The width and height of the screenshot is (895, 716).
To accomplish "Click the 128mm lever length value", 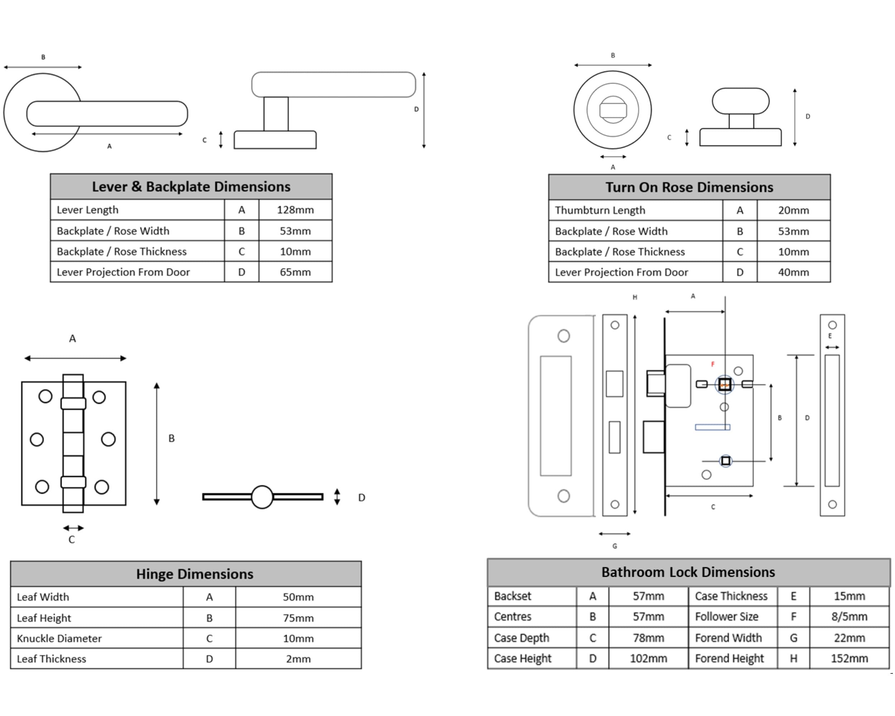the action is pyautogui.click(x=295, y=210).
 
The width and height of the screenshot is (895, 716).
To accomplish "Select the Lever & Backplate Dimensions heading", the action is pyautogui.click(x=191, y=187).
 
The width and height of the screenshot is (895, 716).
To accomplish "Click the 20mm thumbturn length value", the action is pyautogui.click(x=793, y=210).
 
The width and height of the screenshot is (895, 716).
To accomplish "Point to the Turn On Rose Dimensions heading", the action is pyautogui.click(x=689, y=187).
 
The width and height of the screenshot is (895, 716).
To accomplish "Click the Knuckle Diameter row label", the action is pyautogui.click(x=59, y=638).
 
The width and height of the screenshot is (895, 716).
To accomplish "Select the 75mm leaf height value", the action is pyautogui.click(x=298, y=618).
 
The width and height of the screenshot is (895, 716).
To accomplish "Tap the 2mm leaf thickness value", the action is pyautogui.click(x=298, y=659).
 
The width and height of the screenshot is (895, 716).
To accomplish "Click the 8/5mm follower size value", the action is pyautogui.click(x=849, y=616).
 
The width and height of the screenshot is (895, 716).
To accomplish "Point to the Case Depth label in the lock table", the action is pyautogui.click(x=521, y=638).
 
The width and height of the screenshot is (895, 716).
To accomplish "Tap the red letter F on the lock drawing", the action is pyautogui.click(x=713, y=364).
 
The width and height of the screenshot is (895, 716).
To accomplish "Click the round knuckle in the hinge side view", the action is pyautogui.click(x=262, y=497).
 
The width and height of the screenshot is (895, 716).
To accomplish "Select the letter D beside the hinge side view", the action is pyautogui.click(x=362, y=497).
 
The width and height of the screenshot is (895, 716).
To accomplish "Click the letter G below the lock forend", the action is pyautogui.click(x=615, y=546).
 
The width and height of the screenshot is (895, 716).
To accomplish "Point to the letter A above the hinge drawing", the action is pyautogui.click(x=72, y=338).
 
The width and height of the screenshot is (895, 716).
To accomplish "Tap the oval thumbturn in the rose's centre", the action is pyautogui.click(x=613, y=110).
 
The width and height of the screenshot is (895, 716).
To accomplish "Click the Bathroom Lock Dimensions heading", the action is pyautogui.click(x=688, y=572).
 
